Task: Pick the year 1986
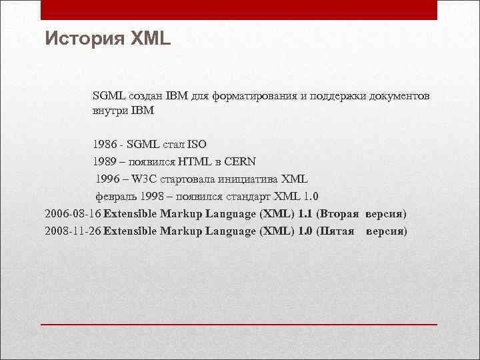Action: (x=105, y=144)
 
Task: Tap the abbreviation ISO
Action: (x=197, y=144)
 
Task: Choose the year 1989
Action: (x=105, y=161)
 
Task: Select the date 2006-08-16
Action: (x=73, y=214)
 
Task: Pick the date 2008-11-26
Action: (x=73, y=231)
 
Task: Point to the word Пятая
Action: (x=337, y=231)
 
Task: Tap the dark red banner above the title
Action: (x=239, y=10)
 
